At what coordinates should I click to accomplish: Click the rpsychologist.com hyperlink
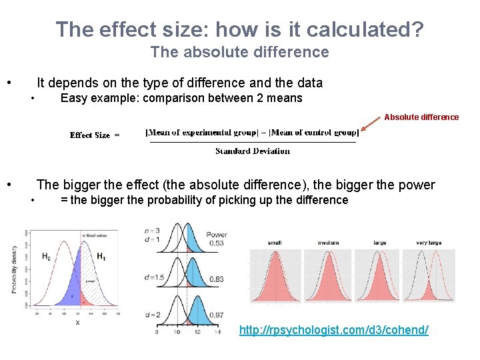pos(333,330)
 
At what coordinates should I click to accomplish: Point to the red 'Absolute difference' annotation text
pos(421,117)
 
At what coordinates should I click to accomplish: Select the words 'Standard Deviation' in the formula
pos(252,151)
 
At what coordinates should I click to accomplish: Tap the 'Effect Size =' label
pos(95,135)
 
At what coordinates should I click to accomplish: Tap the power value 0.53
pos(215,243)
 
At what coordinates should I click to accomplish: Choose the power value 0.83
pos(215,279)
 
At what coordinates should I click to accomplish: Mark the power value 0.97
pos(215,315)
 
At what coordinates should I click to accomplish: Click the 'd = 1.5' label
pos(154,277)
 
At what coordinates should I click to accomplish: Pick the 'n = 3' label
pos(152,231)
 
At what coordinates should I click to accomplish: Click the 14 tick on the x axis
pos(217,331)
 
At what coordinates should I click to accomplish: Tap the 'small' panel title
pos(274,243)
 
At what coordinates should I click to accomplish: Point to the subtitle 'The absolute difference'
pos(239,52)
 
